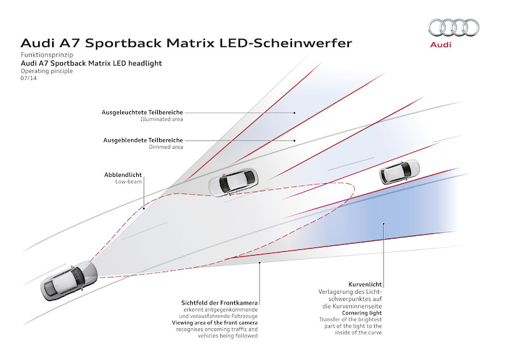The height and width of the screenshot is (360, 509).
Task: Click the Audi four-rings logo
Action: (454, 27)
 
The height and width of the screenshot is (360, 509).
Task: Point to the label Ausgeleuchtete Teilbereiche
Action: (143, 112)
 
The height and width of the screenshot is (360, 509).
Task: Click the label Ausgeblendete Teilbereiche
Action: (143, 140)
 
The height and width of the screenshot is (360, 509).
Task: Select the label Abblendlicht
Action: (123, 174)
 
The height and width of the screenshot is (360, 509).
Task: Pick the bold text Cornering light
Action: (363, 312)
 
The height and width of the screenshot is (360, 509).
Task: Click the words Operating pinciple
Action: (46, 71)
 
